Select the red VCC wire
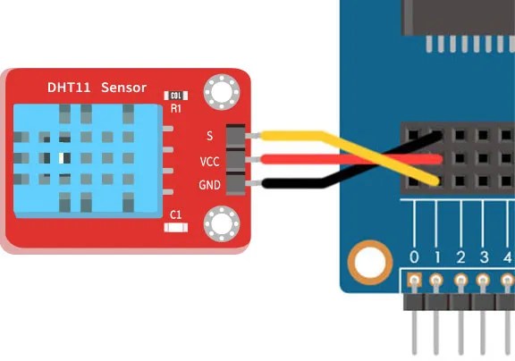tap(350, 159)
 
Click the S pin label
tap(209, 136)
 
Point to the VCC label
tap(209, 162)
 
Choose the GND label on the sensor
tap(209, 185)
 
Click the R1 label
tap(176, 108)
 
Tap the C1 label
tap(176, 215)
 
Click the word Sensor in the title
tap(123, 88)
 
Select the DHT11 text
tap(69, 88)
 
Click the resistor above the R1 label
tap(176, 96)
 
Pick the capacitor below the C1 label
tap(176, 228)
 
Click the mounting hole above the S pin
tap(222, 92)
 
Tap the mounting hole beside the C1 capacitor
tap(222, 223)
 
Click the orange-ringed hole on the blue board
tap(370, 263)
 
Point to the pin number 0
tap(414, 257)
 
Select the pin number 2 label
tap(460, 257)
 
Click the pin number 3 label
tap(484, 257)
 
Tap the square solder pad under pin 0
tap(414, 281)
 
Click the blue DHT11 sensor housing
tap(88, 161)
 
